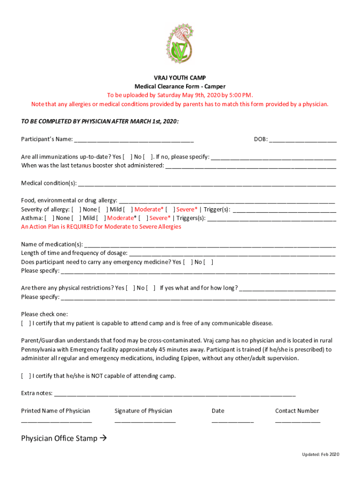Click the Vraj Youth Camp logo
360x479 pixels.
click(x=180, y=44)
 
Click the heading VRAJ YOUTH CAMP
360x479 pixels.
click(x=180, y=78)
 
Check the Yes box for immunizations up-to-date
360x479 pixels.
click(x=127, y=157)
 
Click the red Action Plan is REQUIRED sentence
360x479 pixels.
click(x=101, y=227)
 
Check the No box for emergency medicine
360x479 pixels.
click(x=209, y=262)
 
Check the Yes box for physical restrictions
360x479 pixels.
click(x=130, y=288)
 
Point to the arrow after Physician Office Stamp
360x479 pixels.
click(x=103, y=439)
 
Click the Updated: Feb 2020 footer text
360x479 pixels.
click(x=320, y=455)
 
